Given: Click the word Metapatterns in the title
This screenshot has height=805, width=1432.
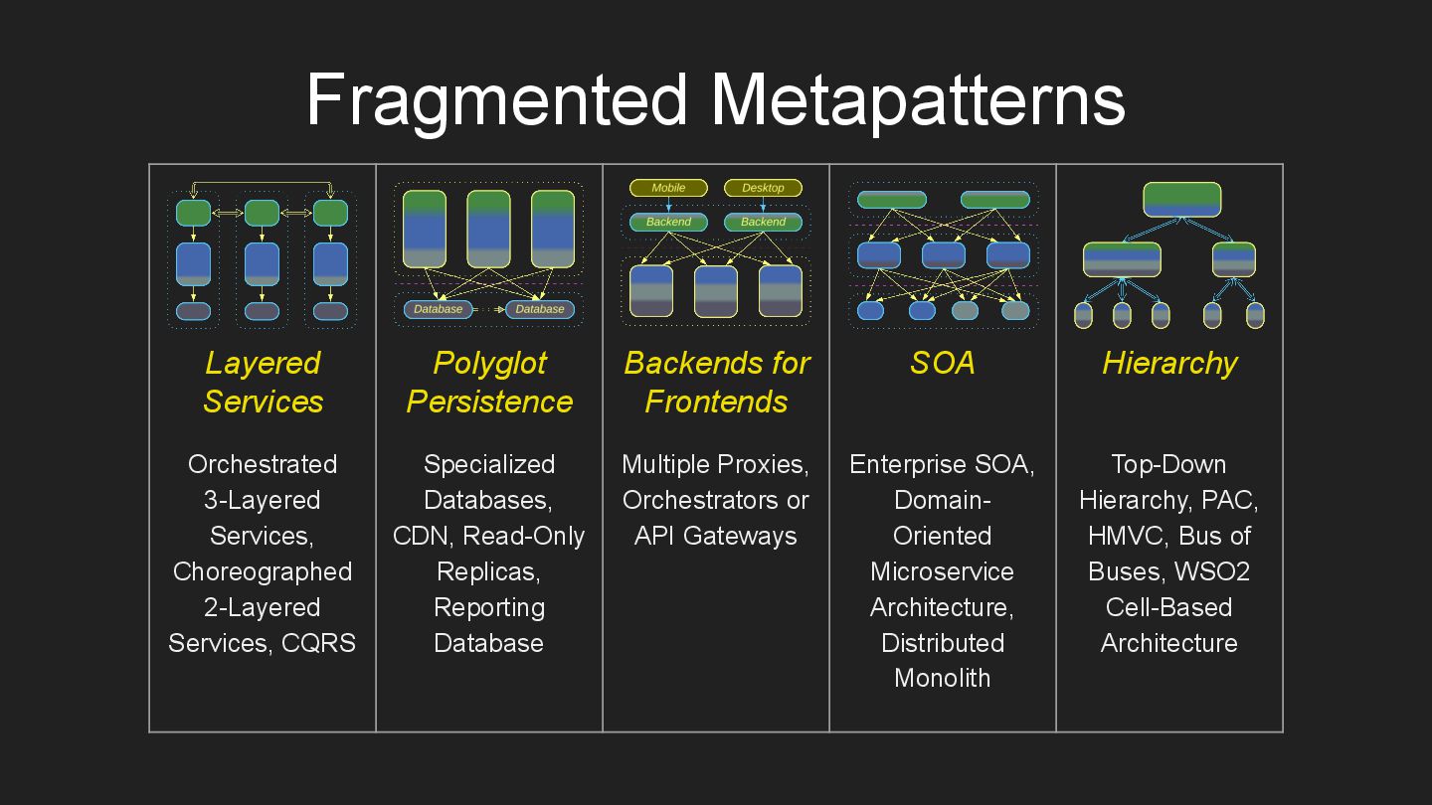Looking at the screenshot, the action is [x=917, y=99].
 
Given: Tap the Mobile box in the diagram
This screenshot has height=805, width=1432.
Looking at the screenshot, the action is [x=668, y=188].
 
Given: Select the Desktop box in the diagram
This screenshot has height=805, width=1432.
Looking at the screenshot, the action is [x=763, y=188].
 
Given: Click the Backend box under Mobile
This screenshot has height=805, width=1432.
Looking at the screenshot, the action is [x=668, y=222].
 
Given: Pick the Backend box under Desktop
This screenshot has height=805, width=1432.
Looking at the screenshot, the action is [x=763, y=222].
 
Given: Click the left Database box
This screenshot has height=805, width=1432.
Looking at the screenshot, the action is [x=439, y=309].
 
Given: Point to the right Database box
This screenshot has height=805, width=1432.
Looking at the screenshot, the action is [x=540, y=309].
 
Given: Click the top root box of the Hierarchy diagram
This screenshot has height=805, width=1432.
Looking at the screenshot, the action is [x=1181, y=200].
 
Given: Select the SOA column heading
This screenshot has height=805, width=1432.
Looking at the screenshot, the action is [x=942, y=364].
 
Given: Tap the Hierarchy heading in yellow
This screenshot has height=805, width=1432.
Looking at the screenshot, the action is [x=1169, y=364].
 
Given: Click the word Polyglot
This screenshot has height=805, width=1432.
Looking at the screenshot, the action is [x=489, y=364].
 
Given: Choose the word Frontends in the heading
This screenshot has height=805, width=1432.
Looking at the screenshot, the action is [x=716, y=402].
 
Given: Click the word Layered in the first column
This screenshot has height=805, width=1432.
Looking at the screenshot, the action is [x=263, y=364].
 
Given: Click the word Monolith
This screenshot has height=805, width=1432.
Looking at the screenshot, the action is [x=942, y=679].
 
